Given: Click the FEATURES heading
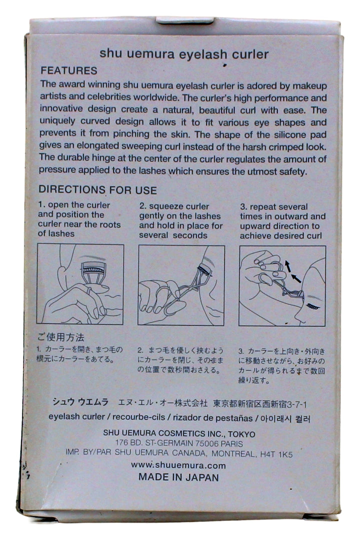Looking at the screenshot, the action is click(x=69, y=70).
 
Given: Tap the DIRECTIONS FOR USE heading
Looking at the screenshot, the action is click(x=97, y=190).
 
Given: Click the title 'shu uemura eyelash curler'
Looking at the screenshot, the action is click(x=184, y=54).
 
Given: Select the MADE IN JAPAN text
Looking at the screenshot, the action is click(x=178, y=477).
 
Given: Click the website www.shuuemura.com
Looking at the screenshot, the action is click(x=178, y=465).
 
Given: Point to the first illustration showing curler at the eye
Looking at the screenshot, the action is click(x=80, y=284).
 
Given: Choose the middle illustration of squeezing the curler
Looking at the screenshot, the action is click(x=181, y=285).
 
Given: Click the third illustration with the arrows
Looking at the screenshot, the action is click(x=282, y=286).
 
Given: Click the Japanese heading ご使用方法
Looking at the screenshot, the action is click(x=60, y=337).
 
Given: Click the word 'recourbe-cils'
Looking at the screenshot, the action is click(x=139, y=417).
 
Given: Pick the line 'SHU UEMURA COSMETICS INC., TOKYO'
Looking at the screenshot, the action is click(x=179, y=433).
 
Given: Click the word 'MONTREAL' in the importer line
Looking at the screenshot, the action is click(x=233, y=453).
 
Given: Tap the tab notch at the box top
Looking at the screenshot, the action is click(x=184, y=20).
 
